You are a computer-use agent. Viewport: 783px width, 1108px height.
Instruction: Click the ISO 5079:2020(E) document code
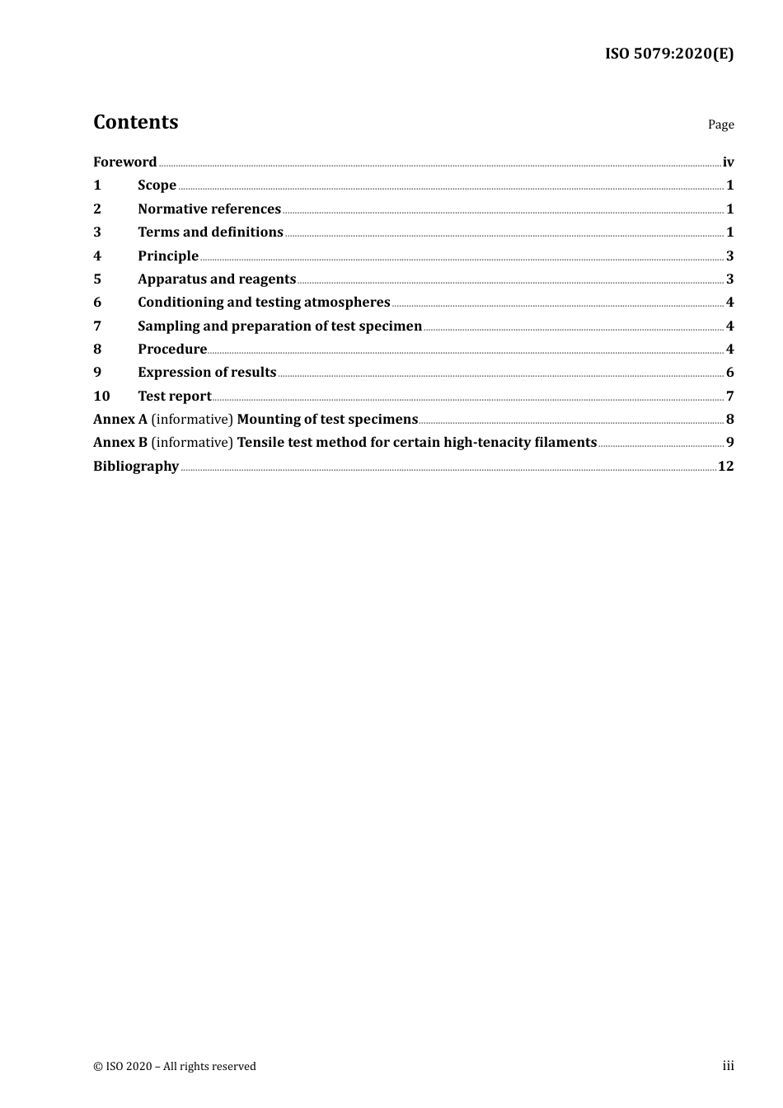[x=669, y=54]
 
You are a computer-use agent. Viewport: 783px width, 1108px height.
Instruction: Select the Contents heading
[x=135, y=122]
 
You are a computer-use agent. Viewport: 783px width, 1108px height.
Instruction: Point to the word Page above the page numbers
[x=720, y=124]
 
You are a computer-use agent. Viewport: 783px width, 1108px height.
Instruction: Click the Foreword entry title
[x=124, y=162]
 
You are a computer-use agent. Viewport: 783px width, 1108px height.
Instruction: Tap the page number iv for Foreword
[x=728, y=162]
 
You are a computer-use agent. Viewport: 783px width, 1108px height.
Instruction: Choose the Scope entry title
[x=157, y=185]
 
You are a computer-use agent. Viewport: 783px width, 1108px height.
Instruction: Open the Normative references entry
[x=209, y=209]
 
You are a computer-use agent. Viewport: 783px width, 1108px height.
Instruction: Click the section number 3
[x=97, y=232]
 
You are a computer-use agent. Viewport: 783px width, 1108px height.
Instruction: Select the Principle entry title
[x=168, y=256]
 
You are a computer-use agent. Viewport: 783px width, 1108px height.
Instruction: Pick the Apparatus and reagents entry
[x=217, y=279]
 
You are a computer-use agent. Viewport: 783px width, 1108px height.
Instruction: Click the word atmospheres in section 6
[x=347, y=303]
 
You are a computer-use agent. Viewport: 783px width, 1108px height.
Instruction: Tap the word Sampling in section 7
[x=168, y=326]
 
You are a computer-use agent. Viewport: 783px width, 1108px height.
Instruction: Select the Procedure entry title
[x=172, y=350]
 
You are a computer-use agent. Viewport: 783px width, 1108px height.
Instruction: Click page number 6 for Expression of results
[x=729, y=373]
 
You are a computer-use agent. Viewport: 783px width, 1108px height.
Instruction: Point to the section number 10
[x=101, y=397]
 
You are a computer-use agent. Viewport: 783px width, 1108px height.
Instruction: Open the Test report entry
[x=175, y=397]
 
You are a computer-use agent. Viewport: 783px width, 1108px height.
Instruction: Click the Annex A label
[x=120, y=420]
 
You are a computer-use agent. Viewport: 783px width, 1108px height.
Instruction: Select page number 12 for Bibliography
[x=725, y=467]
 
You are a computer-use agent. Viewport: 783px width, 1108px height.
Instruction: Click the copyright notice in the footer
[x=175, y=1066]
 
